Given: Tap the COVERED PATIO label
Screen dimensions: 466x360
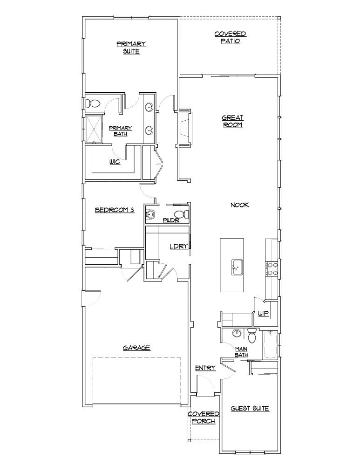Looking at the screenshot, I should coord(230,37).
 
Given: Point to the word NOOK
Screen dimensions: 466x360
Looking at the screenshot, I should coord(240,205).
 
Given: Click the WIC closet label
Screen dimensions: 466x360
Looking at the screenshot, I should coord(115,162).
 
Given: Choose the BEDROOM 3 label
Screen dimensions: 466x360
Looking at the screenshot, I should coord(115,210).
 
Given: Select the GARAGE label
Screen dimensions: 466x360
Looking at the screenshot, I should coord(136,347).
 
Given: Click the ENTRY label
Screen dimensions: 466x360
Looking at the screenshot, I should coord(205,368).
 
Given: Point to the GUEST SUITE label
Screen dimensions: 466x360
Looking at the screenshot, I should coord(250,409).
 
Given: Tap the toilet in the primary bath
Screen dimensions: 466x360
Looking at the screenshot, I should coord(93,103).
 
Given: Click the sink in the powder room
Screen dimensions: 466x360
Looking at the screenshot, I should coord(150,214).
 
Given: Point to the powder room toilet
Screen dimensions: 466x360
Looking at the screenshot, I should coord(185,214).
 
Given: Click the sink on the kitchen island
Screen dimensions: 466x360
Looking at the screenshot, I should coord(235,268).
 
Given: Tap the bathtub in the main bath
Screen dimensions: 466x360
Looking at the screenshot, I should coord(270,345).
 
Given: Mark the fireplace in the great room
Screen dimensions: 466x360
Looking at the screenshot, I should coord(184,129).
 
